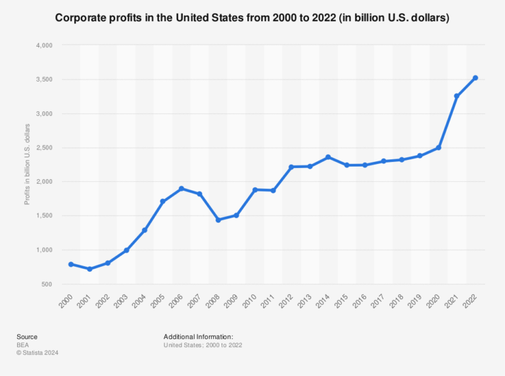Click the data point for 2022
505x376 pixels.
click(x=475, y=78)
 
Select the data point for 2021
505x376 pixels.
click(x=457, y=96)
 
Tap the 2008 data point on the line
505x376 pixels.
click(x=218, y=220)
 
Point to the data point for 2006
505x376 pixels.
click(x=181, y=189)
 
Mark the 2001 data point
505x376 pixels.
click(x=89, y=269)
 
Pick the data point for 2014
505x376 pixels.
click(x=328, y=157)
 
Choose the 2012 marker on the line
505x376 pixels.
click(x=291, y=167)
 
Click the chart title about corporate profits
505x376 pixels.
click(x=252, y=18)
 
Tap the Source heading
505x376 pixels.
click(x=27, y=336)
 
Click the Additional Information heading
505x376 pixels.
click(x=199, y=336)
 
